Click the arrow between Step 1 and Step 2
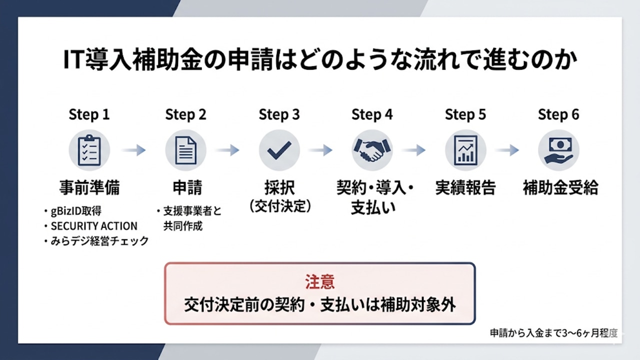click(133, 150)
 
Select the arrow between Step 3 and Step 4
click(320, 150)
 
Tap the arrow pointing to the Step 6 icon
click(507, 150)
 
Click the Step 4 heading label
click(372, 114)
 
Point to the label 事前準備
click(89, 187)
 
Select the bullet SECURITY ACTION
click(94, 226)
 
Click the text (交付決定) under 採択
click(279, 206)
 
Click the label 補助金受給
click(560, 187)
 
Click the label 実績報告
click(465, 187)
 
